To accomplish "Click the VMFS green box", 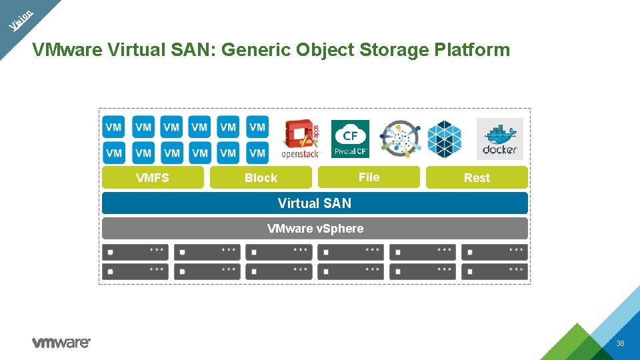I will coord(153,177).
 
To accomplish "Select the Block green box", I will coord(261,177).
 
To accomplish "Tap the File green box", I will coord(369,177).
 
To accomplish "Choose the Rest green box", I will coord(477,177).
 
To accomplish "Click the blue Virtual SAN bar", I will coord(315,203).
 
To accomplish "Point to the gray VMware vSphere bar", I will coord(315,229).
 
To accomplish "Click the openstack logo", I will coord(301,139).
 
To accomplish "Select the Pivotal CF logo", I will coord(350,139).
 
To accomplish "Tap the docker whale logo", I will coord(500,139).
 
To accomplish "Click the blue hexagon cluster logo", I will coord(444,139).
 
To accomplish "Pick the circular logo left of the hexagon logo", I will coord(399,139).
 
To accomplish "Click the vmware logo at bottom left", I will coord(61,343).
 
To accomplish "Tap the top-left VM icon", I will coord(114,127).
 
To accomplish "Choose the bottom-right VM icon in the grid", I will coord(257,153).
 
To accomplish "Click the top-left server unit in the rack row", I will coord(135,252).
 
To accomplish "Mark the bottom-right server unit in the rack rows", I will coord(495,271).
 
